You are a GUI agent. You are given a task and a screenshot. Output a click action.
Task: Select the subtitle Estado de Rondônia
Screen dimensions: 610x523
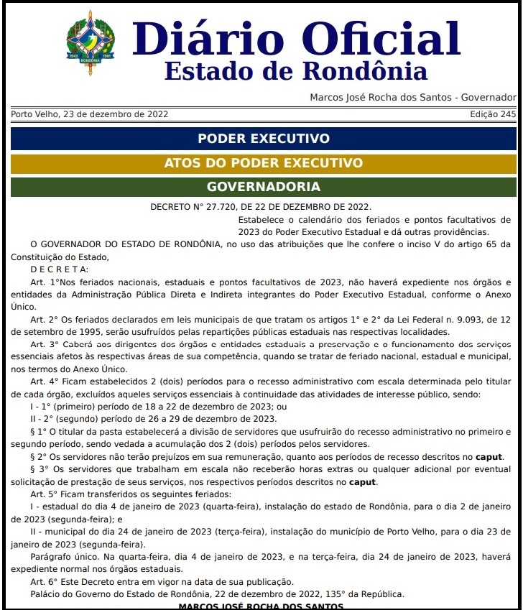(x=295, y=72)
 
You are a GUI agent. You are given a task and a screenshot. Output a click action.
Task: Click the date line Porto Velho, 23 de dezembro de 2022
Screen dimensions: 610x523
(x=90, y=114)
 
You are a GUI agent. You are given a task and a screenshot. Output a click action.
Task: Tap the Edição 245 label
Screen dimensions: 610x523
(x=493, y=114)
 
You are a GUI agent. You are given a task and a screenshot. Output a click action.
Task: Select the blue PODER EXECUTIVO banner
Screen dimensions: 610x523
(x=263, y=139)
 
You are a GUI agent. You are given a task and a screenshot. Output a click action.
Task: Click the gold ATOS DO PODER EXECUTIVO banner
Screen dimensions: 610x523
(x=263, y=163)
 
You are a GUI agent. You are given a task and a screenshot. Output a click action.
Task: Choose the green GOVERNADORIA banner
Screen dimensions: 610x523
(x=263, y=187)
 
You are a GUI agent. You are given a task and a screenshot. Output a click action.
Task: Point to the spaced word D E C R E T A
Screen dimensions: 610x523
(x=60, y=269)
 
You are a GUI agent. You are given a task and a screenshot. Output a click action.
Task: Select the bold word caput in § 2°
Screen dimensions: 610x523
(x=489, y=457)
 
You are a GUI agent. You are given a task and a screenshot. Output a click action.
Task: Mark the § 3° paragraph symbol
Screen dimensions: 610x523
(x=37, y=469)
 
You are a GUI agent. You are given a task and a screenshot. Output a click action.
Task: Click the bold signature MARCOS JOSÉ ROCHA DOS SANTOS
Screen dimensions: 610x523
(x=261, y=606)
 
